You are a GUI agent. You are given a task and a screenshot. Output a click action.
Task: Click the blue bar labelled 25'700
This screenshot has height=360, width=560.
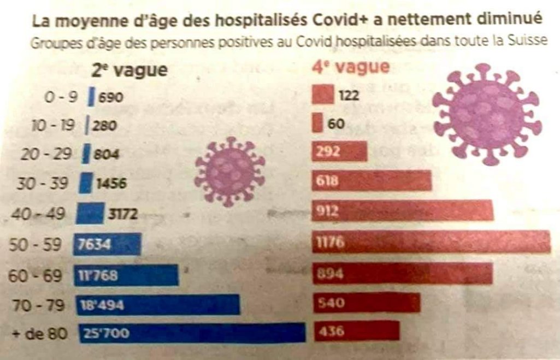[191, 333]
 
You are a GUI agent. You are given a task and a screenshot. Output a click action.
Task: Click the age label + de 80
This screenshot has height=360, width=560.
[40, 332]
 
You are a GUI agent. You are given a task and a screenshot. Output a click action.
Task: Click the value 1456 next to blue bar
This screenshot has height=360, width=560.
[111, 184]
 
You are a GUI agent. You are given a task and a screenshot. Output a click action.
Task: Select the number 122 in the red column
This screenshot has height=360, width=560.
[349, 97]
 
